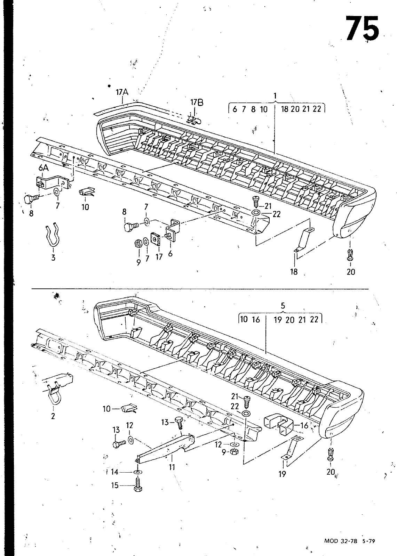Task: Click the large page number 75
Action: [362, 28]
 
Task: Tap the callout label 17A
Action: [122, 92]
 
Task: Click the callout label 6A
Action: [43, 168]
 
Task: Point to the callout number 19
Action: [282, 474]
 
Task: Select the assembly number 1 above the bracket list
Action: [275, 95]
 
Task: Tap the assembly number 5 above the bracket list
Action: [283, 306]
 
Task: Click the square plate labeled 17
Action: [155, 239]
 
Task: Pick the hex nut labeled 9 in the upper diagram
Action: [137, 244]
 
